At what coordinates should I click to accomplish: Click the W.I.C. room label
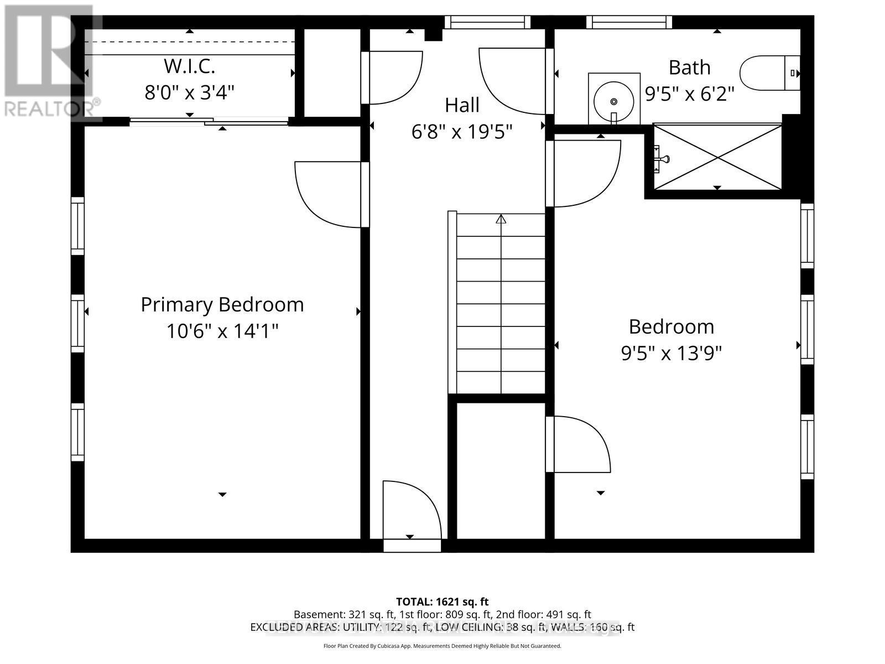[189, 66]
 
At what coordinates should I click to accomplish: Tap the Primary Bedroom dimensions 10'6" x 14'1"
[222, 331]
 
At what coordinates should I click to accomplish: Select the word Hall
[462, 105]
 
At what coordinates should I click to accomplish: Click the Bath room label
[689, 68]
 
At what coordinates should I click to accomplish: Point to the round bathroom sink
[613, 101]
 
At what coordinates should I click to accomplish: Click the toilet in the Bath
[769, 72]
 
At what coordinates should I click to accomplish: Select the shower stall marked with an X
[717, 157]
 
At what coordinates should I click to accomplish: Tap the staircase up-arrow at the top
[501, 219]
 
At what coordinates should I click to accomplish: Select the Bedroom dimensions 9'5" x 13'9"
[671, 353]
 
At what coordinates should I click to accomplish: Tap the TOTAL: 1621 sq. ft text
[442, 601]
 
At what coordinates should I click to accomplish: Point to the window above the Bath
[629, 22]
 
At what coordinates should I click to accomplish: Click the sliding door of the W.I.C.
[209, 121]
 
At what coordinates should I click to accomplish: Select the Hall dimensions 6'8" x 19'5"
[462, 132]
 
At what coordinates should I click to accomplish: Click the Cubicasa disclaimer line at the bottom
[442, 646]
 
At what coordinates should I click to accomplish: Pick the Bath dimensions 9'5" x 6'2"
[689, 94]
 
